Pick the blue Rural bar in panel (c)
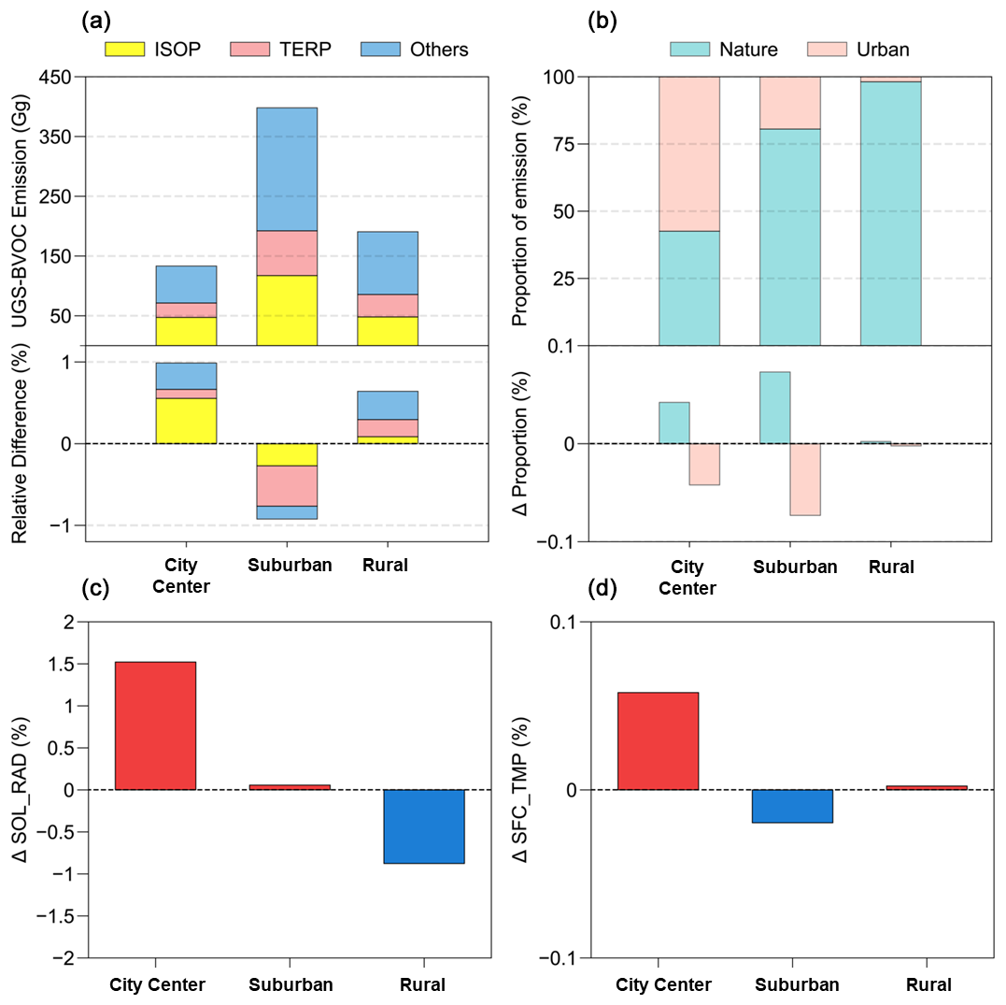pos(423,826)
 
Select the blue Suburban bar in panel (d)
pos(792,806)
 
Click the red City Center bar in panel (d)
pos(658,740)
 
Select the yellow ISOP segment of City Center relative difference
pos(186,421)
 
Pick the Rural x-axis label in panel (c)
pos(423,984)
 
